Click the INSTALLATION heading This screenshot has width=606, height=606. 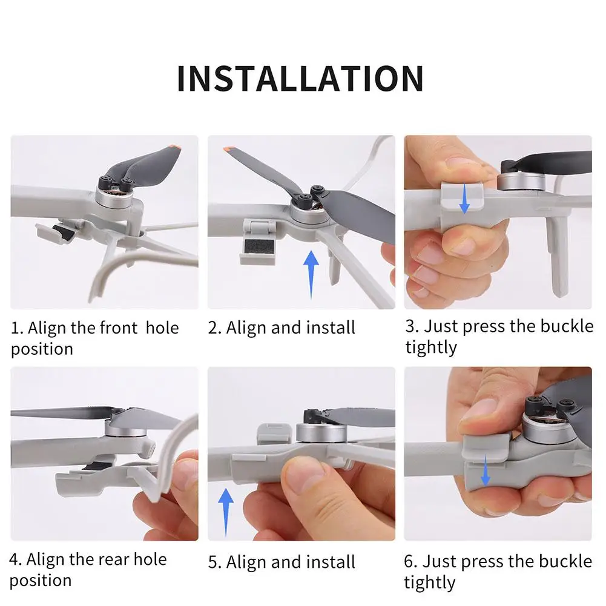pos(300,79)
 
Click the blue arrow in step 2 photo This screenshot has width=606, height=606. pos(311,274)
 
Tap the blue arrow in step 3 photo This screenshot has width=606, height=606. pos(464,199)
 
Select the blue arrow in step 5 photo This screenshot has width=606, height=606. pos(226,513)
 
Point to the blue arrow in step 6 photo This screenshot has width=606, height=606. pos(486,470)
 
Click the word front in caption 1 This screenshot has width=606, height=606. pos(119,328)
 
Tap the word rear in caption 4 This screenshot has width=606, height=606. pos(114,559)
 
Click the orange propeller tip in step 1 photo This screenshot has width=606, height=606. pos(175,148)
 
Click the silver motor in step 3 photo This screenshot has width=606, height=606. pos(521,182)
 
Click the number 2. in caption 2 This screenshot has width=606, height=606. pos(214,328)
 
